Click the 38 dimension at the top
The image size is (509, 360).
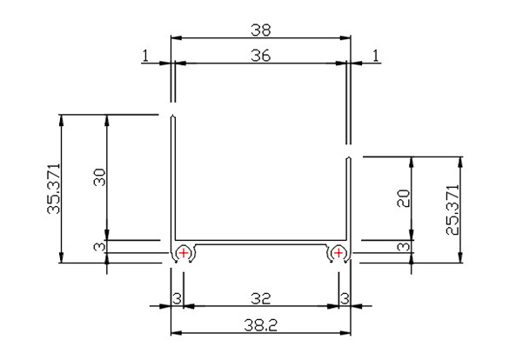(x=261, y=30)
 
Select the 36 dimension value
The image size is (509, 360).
(x=261, y=56)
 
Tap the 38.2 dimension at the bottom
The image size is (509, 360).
(x=261, y=325)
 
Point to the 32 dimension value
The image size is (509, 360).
(x=261, y=298)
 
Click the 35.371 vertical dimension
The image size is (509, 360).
(x=54, y=189)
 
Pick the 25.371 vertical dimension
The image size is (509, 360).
(x=452, y=210)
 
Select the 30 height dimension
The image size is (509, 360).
(x=99, y=177)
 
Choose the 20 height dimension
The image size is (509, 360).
(x=404, y=198)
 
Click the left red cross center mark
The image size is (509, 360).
(x=184, y=252)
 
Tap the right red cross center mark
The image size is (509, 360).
(x=338, y=252)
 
